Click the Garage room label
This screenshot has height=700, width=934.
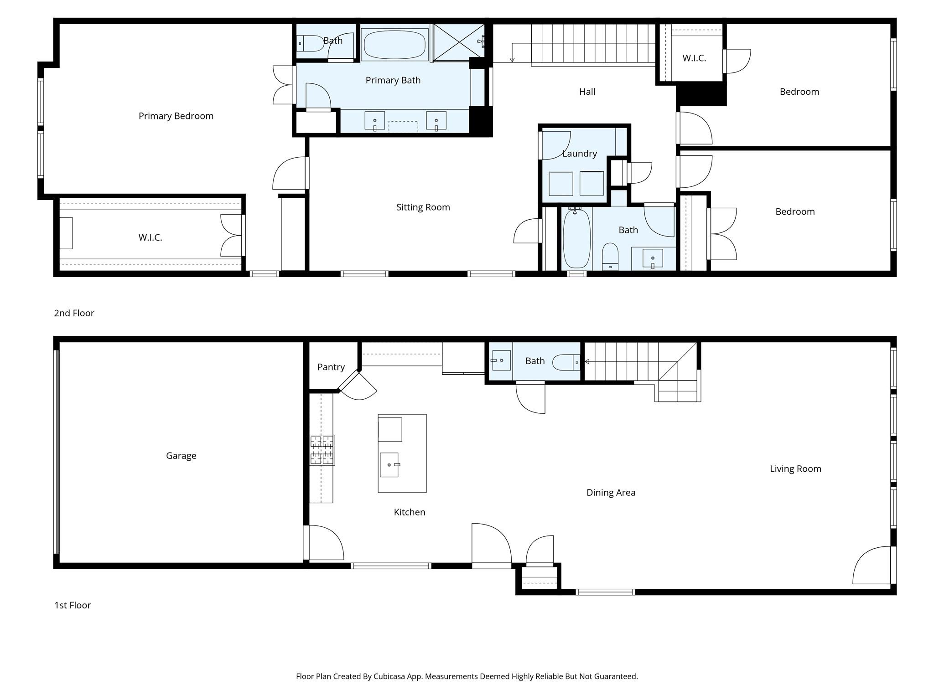181,456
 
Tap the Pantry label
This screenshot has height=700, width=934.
331,367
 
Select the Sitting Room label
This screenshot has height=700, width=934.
423,207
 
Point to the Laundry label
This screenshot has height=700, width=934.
579,154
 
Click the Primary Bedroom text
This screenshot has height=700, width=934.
176,116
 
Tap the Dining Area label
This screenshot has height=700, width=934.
611,493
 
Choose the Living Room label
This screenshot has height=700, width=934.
795,469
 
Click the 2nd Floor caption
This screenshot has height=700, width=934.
74,313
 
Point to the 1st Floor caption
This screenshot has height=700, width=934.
73,605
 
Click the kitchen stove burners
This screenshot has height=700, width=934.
322,450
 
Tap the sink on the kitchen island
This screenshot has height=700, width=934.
389,465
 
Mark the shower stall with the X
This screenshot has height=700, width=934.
458,42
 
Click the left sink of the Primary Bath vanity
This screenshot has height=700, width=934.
374,121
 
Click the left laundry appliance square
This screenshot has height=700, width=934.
560,184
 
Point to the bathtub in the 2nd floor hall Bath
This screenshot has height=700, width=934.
577,238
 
